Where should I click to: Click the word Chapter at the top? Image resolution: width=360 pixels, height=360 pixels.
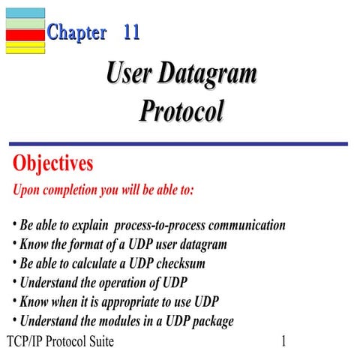tap(76, 33)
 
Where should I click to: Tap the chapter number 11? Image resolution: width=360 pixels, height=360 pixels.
tap(131, 33)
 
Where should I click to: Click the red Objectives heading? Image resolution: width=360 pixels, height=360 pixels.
tap(52, 163)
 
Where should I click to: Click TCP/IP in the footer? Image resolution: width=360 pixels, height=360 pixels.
tap(24, 342)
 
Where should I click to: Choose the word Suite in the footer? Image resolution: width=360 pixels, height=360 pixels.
tap(98, 342)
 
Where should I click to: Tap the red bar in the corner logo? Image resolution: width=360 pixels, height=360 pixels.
tap(25, 34)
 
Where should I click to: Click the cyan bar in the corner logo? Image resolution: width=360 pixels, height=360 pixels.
tap(25, 13)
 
